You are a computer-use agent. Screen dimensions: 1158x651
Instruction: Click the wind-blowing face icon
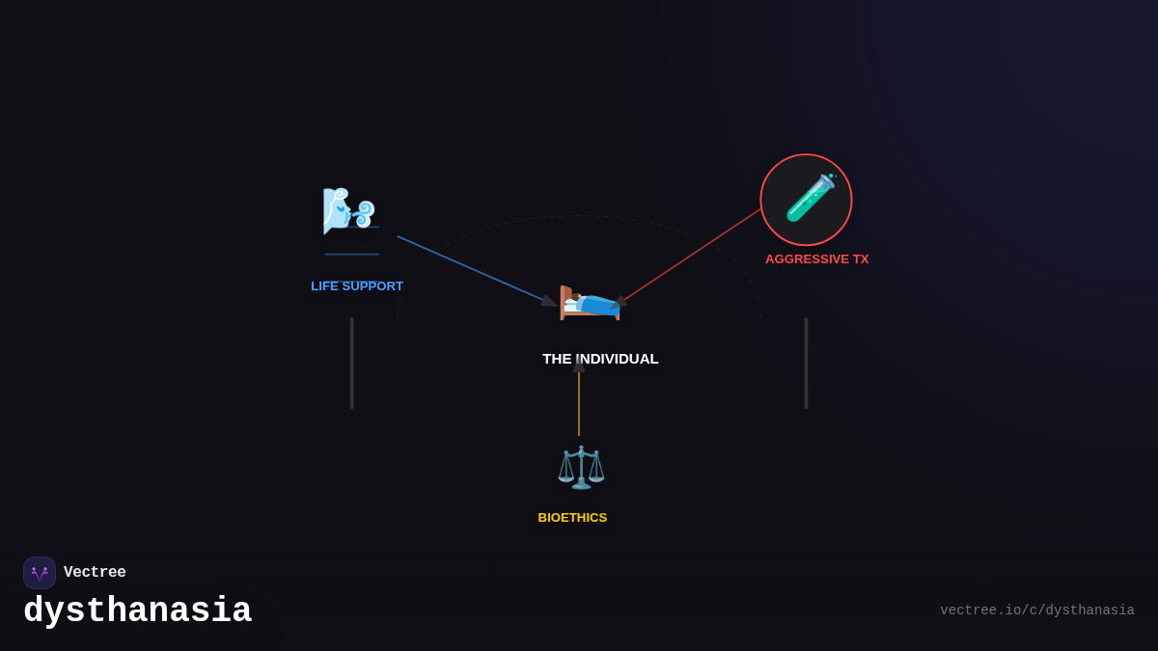349,211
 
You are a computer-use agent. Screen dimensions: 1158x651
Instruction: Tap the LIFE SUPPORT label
357,286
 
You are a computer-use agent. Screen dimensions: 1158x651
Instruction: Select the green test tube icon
811,198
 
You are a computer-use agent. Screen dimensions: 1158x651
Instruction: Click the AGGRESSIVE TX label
816,259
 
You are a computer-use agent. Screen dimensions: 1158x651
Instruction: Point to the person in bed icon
590,303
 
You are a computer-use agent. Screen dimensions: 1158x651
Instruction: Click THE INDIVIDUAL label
600,359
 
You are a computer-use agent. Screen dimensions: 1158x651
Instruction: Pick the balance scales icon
581,468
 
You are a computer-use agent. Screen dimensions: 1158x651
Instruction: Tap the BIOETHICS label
572,518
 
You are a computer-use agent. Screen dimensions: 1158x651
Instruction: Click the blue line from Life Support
472,269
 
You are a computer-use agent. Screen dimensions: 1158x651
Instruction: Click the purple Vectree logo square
40,573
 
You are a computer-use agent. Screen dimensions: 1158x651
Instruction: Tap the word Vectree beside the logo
95,572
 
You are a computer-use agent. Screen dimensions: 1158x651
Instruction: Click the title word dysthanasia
137,610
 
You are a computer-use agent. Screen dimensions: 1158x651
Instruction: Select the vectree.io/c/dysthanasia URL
1037,610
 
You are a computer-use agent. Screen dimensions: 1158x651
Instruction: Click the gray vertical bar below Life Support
352,364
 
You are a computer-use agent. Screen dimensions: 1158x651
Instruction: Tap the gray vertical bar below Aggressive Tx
806,364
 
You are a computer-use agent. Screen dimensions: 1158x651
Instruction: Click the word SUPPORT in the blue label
372,286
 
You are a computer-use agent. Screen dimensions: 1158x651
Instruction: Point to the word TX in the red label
861,259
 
